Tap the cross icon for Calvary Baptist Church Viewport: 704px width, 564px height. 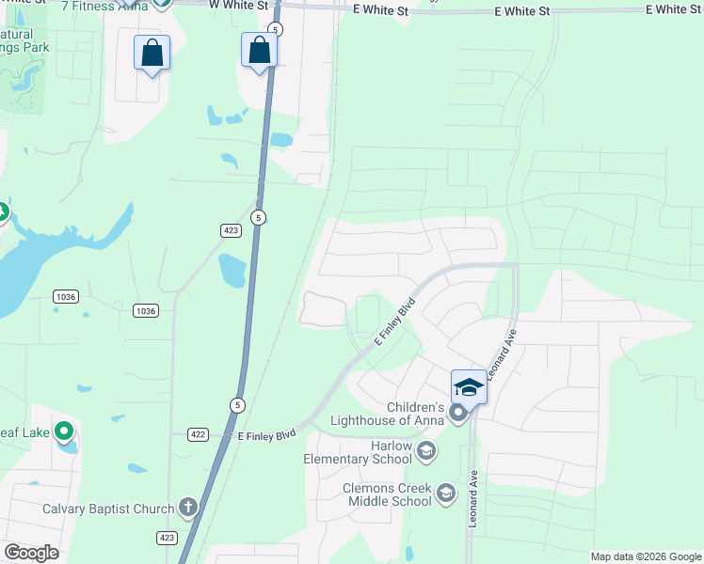(187, 509)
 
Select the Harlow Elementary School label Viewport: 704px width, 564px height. (358, 452)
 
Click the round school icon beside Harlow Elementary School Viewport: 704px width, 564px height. (425, 452)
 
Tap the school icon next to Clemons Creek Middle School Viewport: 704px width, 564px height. (445, 493)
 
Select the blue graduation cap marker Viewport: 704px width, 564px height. (469, 386)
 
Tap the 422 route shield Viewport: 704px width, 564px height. (198, 434)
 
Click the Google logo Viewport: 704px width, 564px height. (31, 553)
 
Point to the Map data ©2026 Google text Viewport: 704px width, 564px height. (646, 556)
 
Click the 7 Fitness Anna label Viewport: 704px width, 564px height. (104, 6)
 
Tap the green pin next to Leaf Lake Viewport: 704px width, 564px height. (64, 431)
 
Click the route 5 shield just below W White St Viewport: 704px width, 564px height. (275, 30)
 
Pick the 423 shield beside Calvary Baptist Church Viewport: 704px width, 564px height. (167, 538)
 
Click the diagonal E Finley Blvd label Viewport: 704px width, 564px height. (395, 321)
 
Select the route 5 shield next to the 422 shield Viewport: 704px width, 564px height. (235, 404)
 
